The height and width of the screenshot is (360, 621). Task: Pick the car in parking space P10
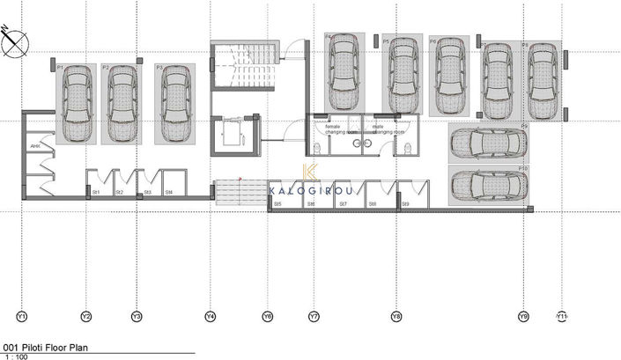[487, 185]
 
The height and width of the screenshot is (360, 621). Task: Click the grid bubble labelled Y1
[22, 315]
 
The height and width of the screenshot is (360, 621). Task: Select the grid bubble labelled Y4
[211, 315]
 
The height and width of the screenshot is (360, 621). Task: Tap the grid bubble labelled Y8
[396, 315]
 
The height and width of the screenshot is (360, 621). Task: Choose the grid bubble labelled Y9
[523, 315]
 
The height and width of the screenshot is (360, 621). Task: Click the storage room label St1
[95, 192]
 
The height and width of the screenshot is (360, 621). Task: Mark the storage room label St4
[167, 192]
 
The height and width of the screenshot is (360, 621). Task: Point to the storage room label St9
[405, 204]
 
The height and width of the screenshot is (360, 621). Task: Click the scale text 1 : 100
[16, 356]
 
